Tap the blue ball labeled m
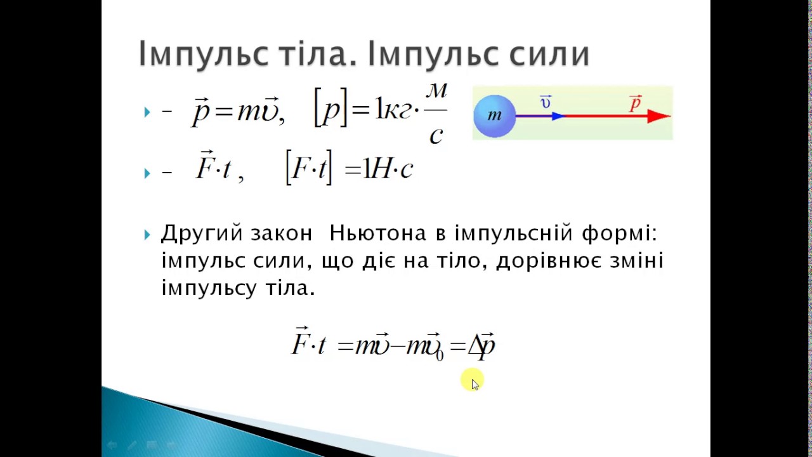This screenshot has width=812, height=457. click(x=494, y=116)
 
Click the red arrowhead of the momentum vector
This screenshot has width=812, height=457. click(x=658, y=116)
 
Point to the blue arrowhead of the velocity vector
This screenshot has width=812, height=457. click(x=559, y=116)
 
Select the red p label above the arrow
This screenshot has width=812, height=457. click(x=636, y=103)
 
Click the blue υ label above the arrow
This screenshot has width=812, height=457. click(x=546, y=102)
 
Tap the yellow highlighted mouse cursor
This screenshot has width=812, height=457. click(x=473, y=380)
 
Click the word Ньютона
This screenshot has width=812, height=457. click(x=377, y=233)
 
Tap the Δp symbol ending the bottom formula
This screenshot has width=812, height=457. click(x=481, y=346)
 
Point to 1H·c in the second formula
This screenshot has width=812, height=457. click(x=388, y=169)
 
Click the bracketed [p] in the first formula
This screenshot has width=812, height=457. click(x=331, y=108)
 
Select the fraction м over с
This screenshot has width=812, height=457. click(x=436, y=114)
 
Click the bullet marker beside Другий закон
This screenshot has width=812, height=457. click(x=147, y=235)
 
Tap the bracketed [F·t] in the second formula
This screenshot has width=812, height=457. click(x=309, y=168)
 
